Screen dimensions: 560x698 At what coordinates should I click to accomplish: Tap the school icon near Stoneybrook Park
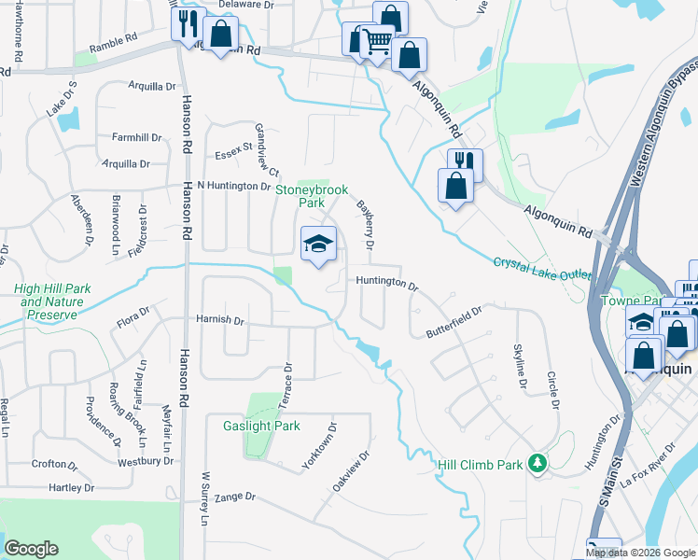click(x=318, y=245)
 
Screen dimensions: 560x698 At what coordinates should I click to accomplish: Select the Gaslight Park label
click(x=261, y=426)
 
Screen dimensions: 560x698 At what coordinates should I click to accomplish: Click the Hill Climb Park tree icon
click(x=537, y=463)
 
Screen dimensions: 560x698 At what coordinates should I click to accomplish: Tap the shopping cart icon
click(x=377, y=40)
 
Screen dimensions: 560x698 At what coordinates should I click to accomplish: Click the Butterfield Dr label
click(x=454, y=321)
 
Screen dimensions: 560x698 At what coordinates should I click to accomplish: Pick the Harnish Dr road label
click(x=220, y=320)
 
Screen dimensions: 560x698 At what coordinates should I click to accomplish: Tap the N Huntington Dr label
click(x=220, y=186)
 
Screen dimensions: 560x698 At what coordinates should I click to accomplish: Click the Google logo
click(x=31, y=548)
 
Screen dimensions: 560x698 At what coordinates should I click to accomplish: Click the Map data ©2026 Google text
click(x=639, y=553)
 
